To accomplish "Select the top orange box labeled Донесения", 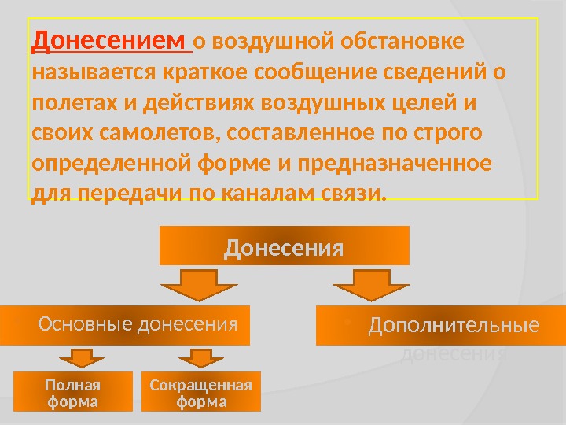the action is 285,246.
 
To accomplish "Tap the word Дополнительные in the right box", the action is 454,325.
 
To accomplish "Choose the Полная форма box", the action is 72,393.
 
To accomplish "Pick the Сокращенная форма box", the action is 200,393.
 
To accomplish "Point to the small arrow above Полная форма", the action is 76,359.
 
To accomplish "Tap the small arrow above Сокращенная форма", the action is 200,359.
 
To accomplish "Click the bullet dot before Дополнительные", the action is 346,321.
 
